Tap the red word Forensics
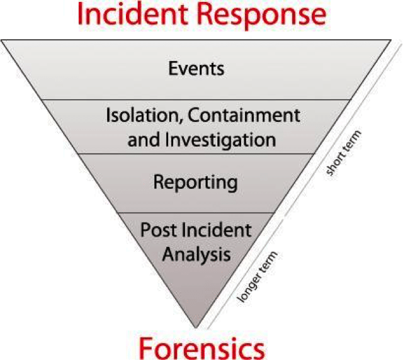(x=201, y=347)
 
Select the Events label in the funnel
(x=196, y=68)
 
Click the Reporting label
(x=196, y=183)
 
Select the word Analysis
(x=196, y=254)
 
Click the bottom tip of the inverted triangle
(x=196, y=327)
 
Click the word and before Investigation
(x=143, y=138)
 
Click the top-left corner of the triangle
(x=2, y=40)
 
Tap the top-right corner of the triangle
(x=391, y=40)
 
